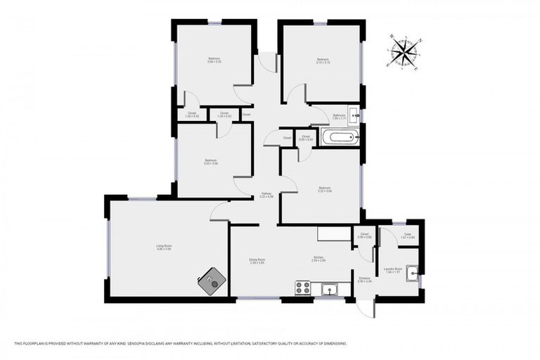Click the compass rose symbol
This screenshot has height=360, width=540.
[404, 52]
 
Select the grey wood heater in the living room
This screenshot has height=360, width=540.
[212, 282]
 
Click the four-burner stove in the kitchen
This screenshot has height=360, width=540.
[302, 288]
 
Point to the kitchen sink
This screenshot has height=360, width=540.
[328, 288]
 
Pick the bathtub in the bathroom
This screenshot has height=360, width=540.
[340, 137]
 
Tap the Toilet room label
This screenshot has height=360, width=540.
[406, 236]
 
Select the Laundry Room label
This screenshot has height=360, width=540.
[393, 270]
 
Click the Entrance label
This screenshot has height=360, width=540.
[364, 280]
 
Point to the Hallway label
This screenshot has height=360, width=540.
[266, 195]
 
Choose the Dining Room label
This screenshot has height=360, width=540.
[256, 262]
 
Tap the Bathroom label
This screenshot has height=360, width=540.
[340, 117]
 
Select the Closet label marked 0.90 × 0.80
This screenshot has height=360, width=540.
[364, 236]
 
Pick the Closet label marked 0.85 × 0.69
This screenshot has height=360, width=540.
[305, 139]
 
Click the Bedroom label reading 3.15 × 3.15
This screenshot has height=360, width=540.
[323, 61]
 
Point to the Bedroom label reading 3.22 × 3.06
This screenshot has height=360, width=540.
[324, 189]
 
